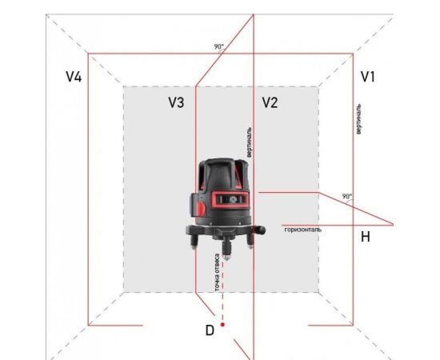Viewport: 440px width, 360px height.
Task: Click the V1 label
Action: tap(368, 77)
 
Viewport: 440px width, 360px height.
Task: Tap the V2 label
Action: tap(270, 102)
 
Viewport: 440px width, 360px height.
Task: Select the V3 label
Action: tap(176, 102)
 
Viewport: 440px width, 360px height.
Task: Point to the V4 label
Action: tap(74, 77)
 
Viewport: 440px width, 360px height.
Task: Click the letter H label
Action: tap(365, 237)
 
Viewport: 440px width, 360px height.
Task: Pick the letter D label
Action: tap(210, 330)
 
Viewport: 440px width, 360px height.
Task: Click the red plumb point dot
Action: tap(222, 325)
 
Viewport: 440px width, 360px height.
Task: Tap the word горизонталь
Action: tap(303, 230)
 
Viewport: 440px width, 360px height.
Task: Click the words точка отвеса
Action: tap(217, 273)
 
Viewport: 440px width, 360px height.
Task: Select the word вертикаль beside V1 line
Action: tap(358, 119)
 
